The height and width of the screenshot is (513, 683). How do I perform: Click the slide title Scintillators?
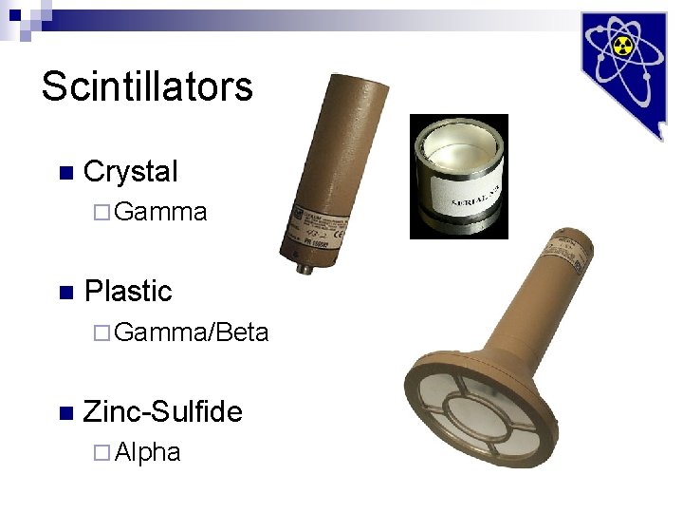coord(147,86)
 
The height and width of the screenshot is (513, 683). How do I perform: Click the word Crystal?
coord(130,171)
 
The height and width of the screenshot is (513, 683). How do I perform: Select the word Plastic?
coord(128,291)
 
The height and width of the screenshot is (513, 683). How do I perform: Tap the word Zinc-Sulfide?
coord(162,410)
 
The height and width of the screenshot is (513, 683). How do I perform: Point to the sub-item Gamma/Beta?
coord(191,332)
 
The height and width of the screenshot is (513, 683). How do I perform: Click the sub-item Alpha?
coord(146,452)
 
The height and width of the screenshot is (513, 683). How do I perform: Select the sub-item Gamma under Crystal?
coord(159,212)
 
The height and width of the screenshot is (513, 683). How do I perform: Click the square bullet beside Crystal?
coord(65,173)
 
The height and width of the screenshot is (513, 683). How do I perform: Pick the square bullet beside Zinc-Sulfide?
coord(65,412)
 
